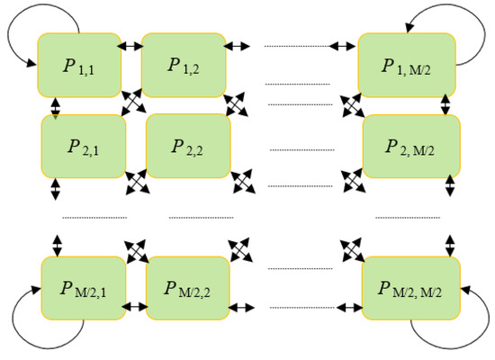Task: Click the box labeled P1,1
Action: click(78, 64)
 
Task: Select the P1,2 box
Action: click(183, 65)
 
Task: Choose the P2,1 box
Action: click(83, 145)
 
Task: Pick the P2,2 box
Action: click(188, 145)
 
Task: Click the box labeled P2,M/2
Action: click(411, 145)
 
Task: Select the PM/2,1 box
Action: click(83, 288)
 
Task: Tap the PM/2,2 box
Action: click(188, 288)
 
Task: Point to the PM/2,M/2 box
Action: click(411, 288)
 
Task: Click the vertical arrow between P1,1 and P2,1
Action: click(56, 107)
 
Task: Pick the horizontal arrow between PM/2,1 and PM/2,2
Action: click(136, 306)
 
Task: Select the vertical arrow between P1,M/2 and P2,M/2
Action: click(445, 103)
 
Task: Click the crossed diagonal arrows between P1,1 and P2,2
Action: click(133, 101)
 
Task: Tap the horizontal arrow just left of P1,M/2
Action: click(343, 45)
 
